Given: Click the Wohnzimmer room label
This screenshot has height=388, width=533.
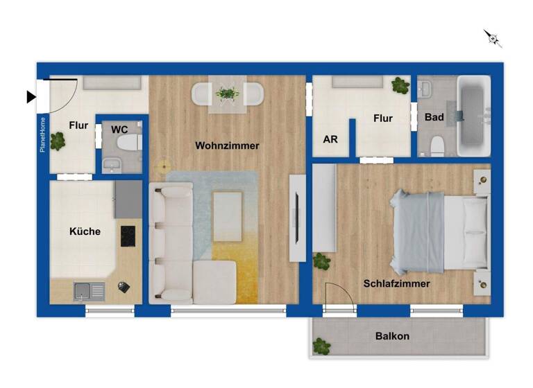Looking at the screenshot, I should [227, 146].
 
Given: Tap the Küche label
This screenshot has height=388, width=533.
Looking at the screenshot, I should [85, 231].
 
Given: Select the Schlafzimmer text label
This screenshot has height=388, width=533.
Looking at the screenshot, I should [396, 283].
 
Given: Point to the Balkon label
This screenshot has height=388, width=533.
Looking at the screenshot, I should [392, 336].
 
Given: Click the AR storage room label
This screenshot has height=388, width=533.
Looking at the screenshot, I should [330, 139].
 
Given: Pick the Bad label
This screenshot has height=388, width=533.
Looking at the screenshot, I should [434, 117].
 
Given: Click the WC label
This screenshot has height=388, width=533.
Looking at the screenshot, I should [119, 129].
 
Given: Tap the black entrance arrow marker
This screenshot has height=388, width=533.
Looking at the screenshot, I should [31, 97].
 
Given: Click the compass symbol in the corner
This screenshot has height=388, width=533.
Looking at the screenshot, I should [493, 38].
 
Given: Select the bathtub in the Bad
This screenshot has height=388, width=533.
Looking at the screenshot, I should [474, 114].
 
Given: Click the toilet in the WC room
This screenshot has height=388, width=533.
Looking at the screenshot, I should [129, 143].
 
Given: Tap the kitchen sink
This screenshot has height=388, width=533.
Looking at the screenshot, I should [89, 291].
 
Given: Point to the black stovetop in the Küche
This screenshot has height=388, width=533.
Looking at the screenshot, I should [128, 236].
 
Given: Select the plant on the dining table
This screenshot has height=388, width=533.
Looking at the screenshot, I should [227, 92].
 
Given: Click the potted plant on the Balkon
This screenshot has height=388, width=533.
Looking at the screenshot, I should [321, 345].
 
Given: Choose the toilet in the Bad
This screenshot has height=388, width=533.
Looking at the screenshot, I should [437, 145].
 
